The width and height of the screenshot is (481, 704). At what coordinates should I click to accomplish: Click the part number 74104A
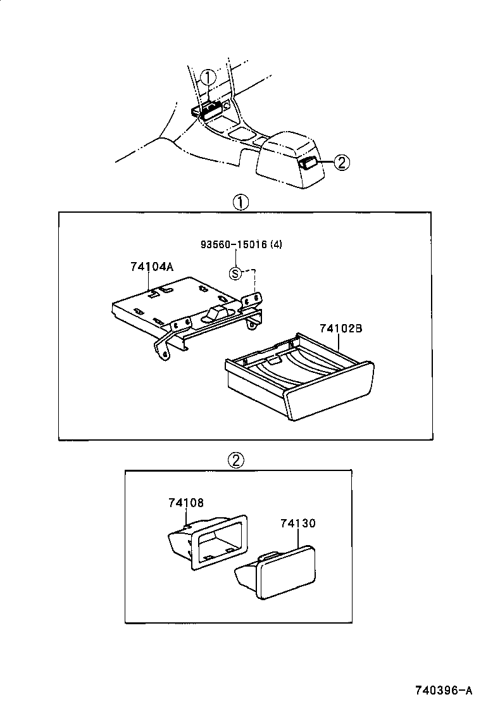(151, 267)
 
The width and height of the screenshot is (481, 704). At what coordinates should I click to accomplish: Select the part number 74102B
(340, 329)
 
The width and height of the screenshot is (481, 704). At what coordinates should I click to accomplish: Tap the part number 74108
(186, 503)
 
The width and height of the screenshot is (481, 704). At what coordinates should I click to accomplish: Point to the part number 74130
(297, 524)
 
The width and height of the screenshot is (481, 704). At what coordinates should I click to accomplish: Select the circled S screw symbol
(235, 273)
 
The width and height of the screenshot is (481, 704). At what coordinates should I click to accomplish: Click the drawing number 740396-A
(443, 689)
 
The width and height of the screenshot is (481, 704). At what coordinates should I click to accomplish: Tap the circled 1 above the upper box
(240, 203)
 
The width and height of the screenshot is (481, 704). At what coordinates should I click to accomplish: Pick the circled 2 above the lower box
(235, 460)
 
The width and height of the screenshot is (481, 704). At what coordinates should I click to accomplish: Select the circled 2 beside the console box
(340, 163)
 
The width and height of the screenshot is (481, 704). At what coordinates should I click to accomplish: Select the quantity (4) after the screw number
(276, 245)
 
